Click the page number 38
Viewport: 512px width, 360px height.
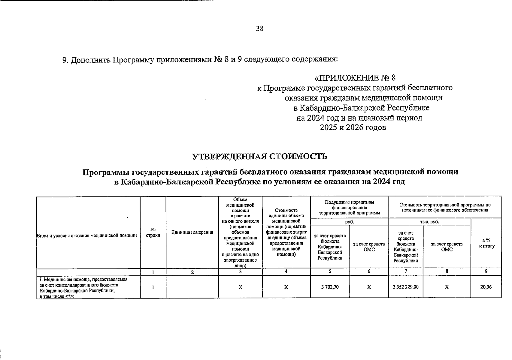(x=260, y=28)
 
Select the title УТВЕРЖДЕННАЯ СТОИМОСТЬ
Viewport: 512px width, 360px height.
(x=260, y=156)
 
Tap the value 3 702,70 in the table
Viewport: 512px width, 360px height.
(x=330, y=287)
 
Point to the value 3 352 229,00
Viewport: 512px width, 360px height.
(x=405, y=287)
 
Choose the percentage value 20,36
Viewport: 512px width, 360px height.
(x=486, y=287)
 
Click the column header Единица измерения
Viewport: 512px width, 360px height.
(x=192, y=232)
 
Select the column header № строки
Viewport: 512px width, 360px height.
(x=153, y=232)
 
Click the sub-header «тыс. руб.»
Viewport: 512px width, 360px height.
(x=429, y=222)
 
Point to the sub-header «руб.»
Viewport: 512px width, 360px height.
(x=350, y=222)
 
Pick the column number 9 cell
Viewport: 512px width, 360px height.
(x=486, y=271)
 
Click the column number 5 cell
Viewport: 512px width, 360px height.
(x=330, y=271)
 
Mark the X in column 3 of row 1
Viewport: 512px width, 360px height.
(x=240, y=287)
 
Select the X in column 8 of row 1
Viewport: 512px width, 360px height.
(x=447, y=287)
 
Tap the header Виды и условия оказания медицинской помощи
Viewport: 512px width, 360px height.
(x=87, y=235)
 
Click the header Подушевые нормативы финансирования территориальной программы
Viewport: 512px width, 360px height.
(x=350, y=207)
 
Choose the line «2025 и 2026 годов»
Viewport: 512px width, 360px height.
(x=353, y=127)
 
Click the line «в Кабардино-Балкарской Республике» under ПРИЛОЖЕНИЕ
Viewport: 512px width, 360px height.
(x=361, y=108)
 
